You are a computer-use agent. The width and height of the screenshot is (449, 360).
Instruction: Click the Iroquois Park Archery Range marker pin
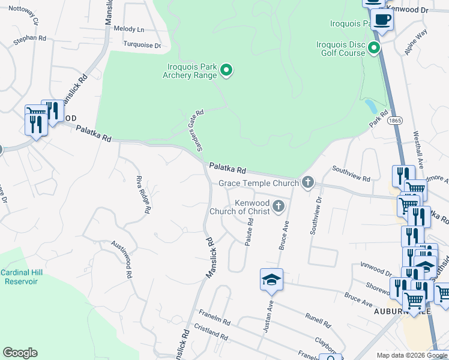pos(226,71)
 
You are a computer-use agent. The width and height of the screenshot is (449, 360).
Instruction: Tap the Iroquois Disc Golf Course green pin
pos(375,47)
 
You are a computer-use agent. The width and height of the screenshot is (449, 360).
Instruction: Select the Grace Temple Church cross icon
pos(308,182)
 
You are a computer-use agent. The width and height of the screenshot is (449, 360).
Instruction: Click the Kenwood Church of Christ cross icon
pos(278,206)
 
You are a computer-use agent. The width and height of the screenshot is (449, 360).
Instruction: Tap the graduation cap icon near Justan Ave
pos(271,279)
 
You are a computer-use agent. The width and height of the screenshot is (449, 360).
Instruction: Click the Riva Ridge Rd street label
pos(142,195)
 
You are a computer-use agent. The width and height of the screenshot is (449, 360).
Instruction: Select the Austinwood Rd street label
pos(121,259)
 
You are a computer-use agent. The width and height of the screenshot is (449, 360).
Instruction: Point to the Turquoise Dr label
pos(142,45)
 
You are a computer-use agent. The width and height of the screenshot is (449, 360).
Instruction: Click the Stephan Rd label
pos(30,38)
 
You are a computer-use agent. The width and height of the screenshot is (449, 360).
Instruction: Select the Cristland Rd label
pos(211,334)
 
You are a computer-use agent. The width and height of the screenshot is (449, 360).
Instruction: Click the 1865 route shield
pos(394,121)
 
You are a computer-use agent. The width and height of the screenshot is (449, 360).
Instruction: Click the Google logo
pos(20,353)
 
